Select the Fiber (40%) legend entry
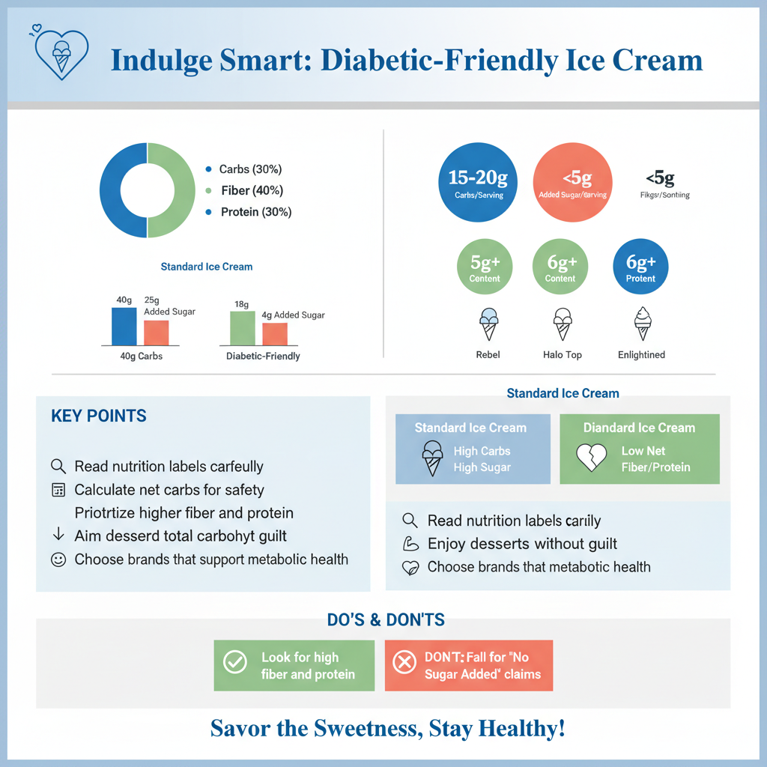click(252, 191)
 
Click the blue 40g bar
click(124, 325)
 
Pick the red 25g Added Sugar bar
click(157, 332)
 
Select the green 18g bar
click(243, 327)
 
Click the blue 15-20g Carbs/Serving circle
click(479, 183)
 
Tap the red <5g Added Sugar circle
click(572, 183)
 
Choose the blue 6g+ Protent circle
click(640, 267)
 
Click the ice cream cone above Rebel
click(488, 324)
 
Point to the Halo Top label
click(562, 354)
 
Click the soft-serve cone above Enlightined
click(642, 324)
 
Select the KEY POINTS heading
click(99, 416)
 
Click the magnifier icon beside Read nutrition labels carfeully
click(58, 466)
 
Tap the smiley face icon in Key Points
click(58, 560)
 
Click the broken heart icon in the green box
click(591, 458)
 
